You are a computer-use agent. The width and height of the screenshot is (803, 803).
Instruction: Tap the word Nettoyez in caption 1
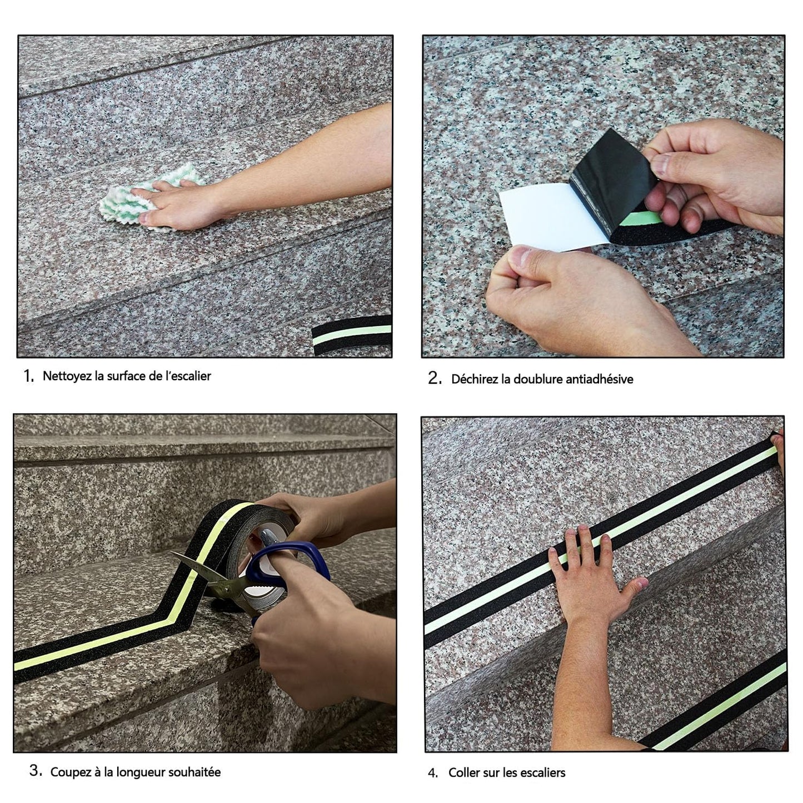(x=67, y=376)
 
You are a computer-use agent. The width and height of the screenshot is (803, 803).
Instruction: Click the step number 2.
(x=434, y=379)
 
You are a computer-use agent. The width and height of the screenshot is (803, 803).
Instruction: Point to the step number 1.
(x=28, y=376)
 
